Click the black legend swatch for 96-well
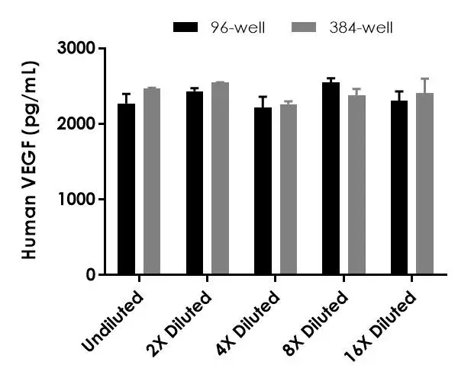[186, 27]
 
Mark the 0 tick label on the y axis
[91, 274]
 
